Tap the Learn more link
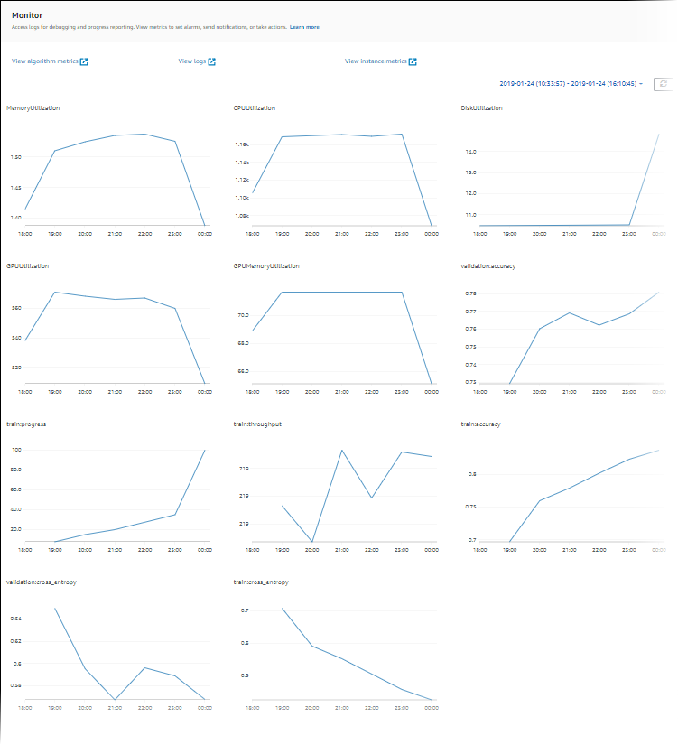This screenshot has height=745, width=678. click(x=304, y=27)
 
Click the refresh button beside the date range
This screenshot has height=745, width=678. click(x=663, y=83)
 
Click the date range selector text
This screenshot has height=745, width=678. click(x=570, y=83)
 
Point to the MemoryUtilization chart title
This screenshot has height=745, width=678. click(x=33, y=107)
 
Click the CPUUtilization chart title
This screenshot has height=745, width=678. click(x=255, y=107)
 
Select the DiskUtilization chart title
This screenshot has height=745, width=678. click(x=481, y=107)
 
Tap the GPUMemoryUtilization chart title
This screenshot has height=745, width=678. click(x=266, y=266)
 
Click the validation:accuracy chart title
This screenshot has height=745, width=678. click(x=487, y=266)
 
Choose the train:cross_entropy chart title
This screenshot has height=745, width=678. click(x=262, y=582)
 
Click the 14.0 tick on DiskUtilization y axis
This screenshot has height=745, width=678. click(x=470, y=150)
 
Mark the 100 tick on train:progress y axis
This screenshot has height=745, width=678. click(x=15, y=450)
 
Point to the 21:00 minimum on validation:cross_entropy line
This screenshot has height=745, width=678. click(x=115, y=700)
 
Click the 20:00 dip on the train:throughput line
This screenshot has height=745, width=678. click(x=311, y=542)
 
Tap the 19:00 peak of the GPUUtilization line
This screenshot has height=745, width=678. click(x=55, y=292)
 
